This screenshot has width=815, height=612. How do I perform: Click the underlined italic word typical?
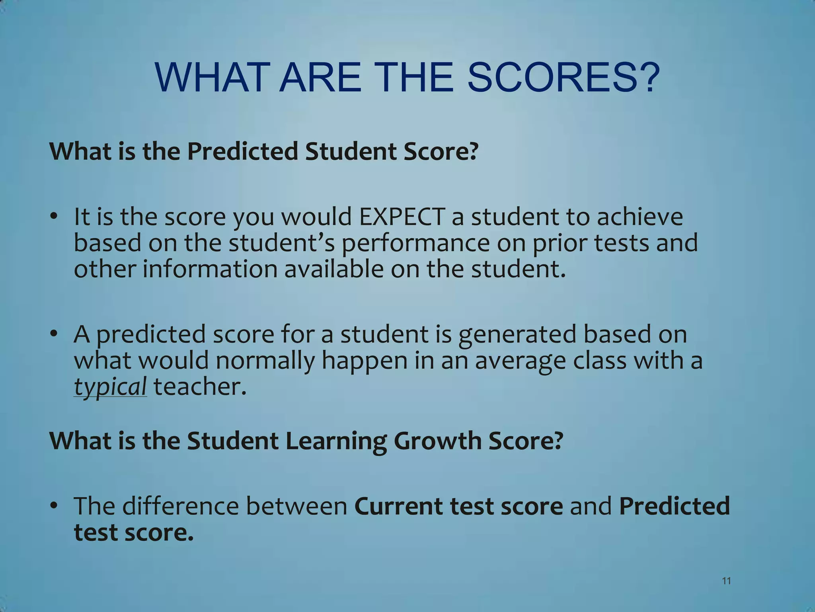tap(110, 387)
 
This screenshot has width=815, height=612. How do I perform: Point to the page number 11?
tap(726, 581)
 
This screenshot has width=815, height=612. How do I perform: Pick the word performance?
tap(415, 243)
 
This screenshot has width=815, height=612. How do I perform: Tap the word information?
tap(210, 269)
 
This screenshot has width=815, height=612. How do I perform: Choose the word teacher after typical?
tap(200, 387)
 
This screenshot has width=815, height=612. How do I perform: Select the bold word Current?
tap(398, 506)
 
